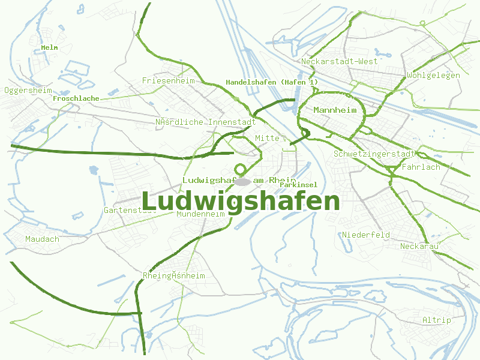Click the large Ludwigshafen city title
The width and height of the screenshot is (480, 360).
coord(241,202)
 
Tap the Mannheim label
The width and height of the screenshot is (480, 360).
coord(335,110)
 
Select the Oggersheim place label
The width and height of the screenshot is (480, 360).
coord(28,91)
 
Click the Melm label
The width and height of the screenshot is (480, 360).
coord(49,47)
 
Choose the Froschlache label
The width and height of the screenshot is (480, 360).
coord(76,98)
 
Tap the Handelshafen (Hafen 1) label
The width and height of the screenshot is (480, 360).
coord(272,82)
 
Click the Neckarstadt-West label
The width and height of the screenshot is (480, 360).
coord(340,62)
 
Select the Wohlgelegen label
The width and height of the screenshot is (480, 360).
coord(433,76)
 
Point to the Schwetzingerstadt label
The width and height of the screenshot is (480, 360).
coord(375,154)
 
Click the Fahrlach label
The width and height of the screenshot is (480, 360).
coord(421,167)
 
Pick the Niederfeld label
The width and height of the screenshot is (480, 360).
coord(366,235)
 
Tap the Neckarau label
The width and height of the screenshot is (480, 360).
coord(419,247)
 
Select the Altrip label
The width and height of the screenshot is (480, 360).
coord(436,320)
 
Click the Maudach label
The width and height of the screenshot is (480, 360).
coord(42,239)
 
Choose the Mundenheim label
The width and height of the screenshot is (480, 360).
coord(200,214)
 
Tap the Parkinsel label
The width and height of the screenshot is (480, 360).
coord(298,185)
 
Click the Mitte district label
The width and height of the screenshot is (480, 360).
coord(267,139)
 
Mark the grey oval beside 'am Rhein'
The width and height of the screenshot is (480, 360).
coord(242,181)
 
